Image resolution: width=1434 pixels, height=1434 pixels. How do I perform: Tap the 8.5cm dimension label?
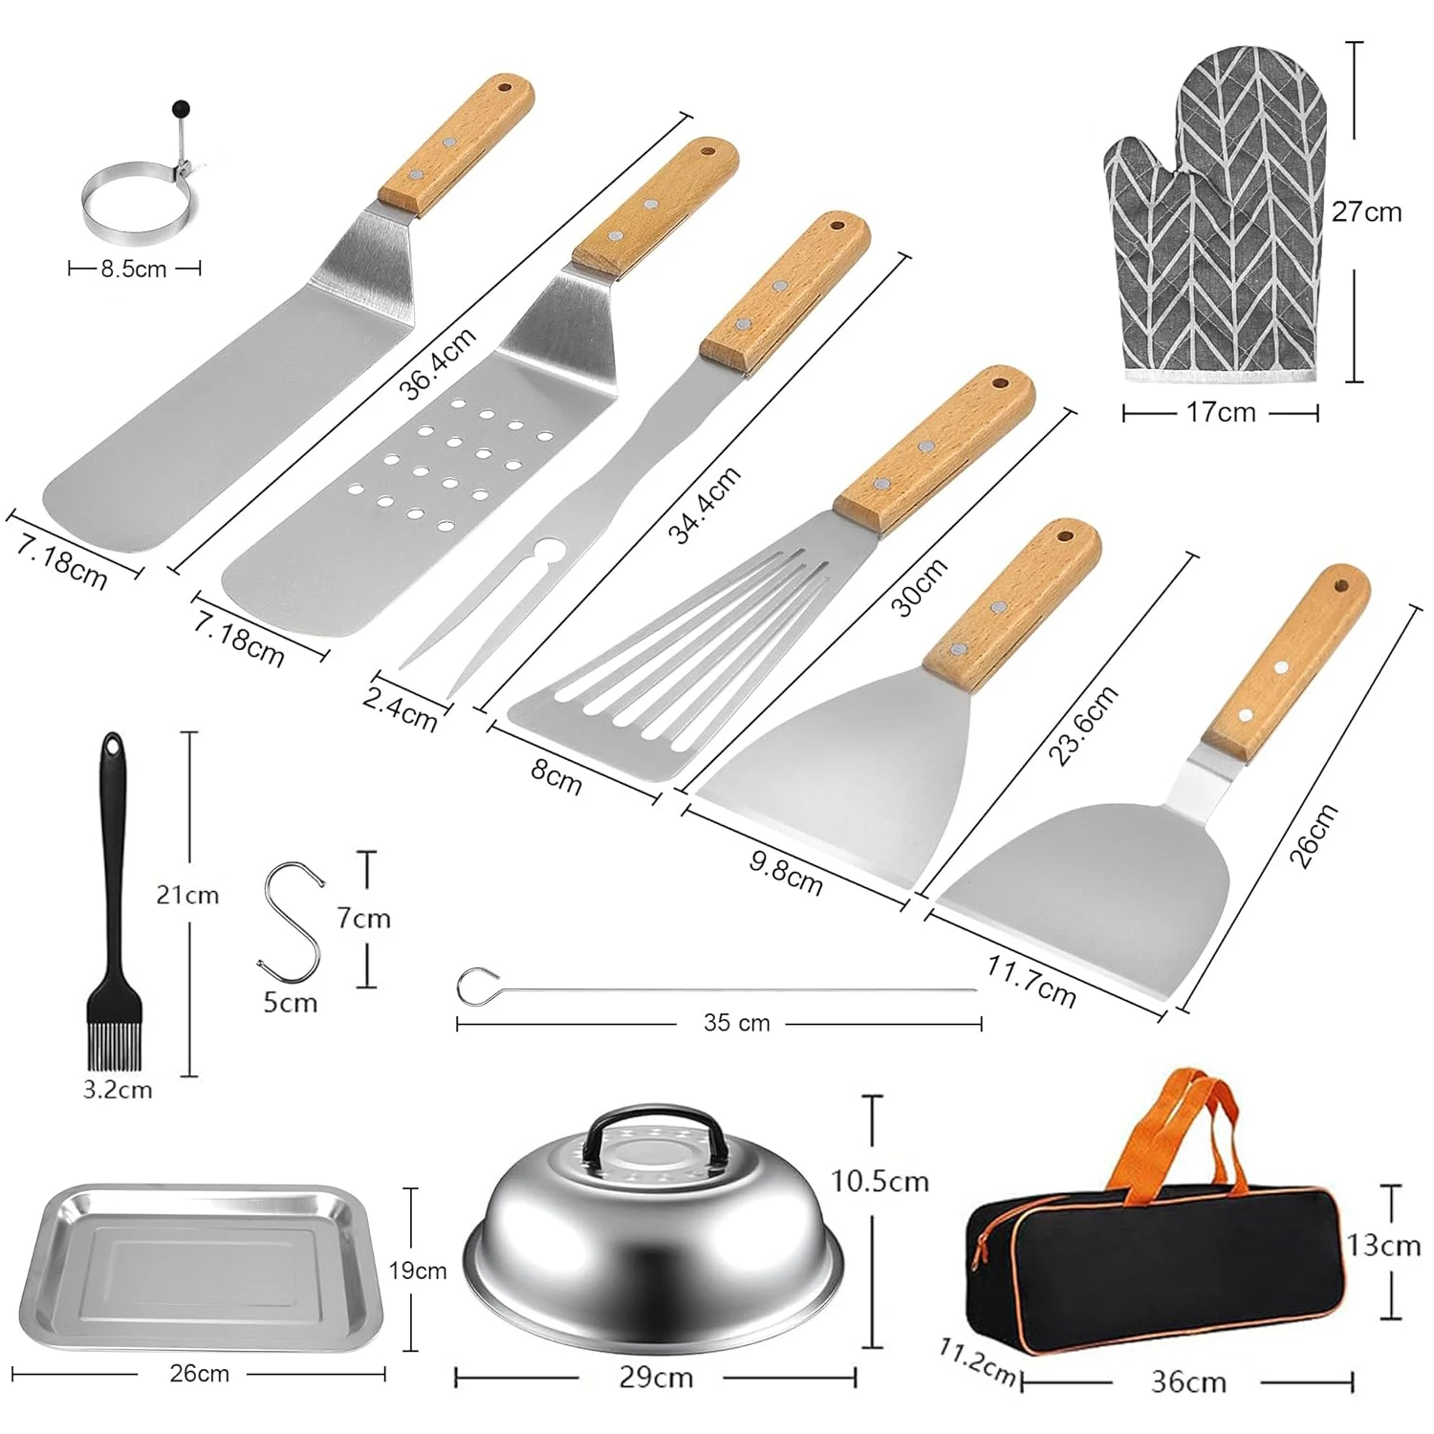click(134, 270)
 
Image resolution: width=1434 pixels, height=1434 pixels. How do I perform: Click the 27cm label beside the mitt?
click(1366, 211)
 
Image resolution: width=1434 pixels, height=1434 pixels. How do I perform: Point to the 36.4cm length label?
click(437, 363)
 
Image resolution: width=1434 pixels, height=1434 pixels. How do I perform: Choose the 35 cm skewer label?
click(736, 1023)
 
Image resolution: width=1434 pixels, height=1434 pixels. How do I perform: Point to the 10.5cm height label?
click(880, 1182)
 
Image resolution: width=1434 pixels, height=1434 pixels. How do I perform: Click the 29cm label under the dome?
click(655, 1378)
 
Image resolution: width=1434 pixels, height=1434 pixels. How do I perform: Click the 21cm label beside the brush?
click(187, 896)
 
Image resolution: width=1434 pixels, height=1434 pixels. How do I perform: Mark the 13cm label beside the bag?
click(1383, 1245)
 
